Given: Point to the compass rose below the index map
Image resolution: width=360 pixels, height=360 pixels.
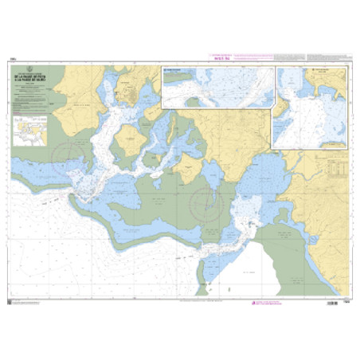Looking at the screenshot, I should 66,158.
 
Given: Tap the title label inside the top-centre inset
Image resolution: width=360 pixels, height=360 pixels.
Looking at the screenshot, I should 173,70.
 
